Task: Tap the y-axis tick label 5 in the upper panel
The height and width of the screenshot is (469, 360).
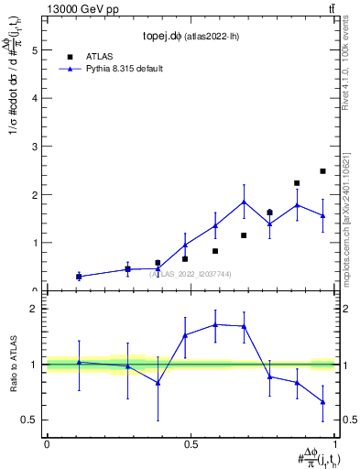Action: click(35, 51)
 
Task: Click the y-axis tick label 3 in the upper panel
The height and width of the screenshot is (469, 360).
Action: click(35, 147)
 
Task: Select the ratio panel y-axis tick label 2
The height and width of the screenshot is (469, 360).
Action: click(35, 309)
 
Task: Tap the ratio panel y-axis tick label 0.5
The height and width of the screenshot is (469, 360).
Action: click(30, 420)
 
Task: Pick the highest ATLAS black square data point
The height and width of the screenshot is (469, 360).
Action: click(323, 171)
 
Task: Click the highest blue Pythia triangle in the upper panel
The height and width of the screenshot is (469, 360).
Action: click(244, 202)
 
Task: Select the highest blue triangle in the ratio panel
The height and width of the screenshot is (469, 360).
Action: click(215, 324)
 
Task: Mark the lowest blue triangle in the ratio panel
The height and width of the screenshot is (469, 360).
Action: click(323, 401)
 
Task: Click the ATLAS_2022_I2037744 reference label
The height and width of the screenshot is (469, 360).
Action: click(191, 273)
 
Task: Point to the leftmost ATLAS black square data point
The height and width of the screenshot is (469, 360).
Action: click(79, 276)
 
